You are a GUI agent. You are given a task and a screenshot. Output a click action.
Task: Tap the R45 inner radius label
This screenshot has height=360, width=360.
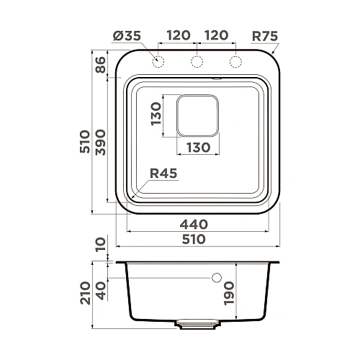(x=163, y=173)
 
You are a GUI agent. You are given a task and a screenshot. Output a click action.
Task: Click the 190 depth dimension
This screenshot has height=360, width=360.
(x=249, y=293)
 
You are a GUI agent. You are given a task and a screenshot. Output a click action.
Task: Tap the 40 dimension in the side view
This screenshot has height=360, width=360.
(x=101, y=293)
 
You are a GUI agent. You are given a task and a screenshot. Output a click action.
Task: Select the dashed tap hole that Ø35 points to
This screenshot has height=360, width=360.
(x=158, y=62)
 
